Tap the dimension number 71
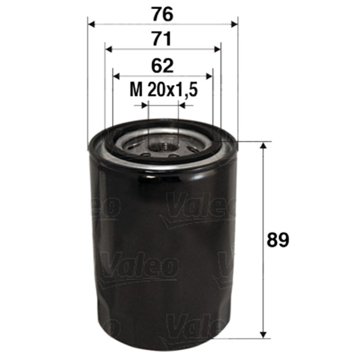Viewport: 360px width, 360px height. point(163,39)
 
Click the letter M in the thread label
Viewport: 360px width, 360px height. point(135,89)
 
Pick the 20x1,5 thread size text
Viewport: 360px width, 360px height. point(173,89)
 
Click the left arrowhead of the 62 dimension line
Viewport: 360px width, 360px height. point(117,75)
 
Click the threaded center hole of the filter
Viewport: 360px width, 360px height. point(163,147)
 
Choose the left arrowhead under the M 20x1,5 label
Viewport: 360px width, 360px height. point(144,104)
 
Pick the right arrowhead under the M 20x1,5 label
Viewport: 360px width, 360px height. point(181,104)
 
